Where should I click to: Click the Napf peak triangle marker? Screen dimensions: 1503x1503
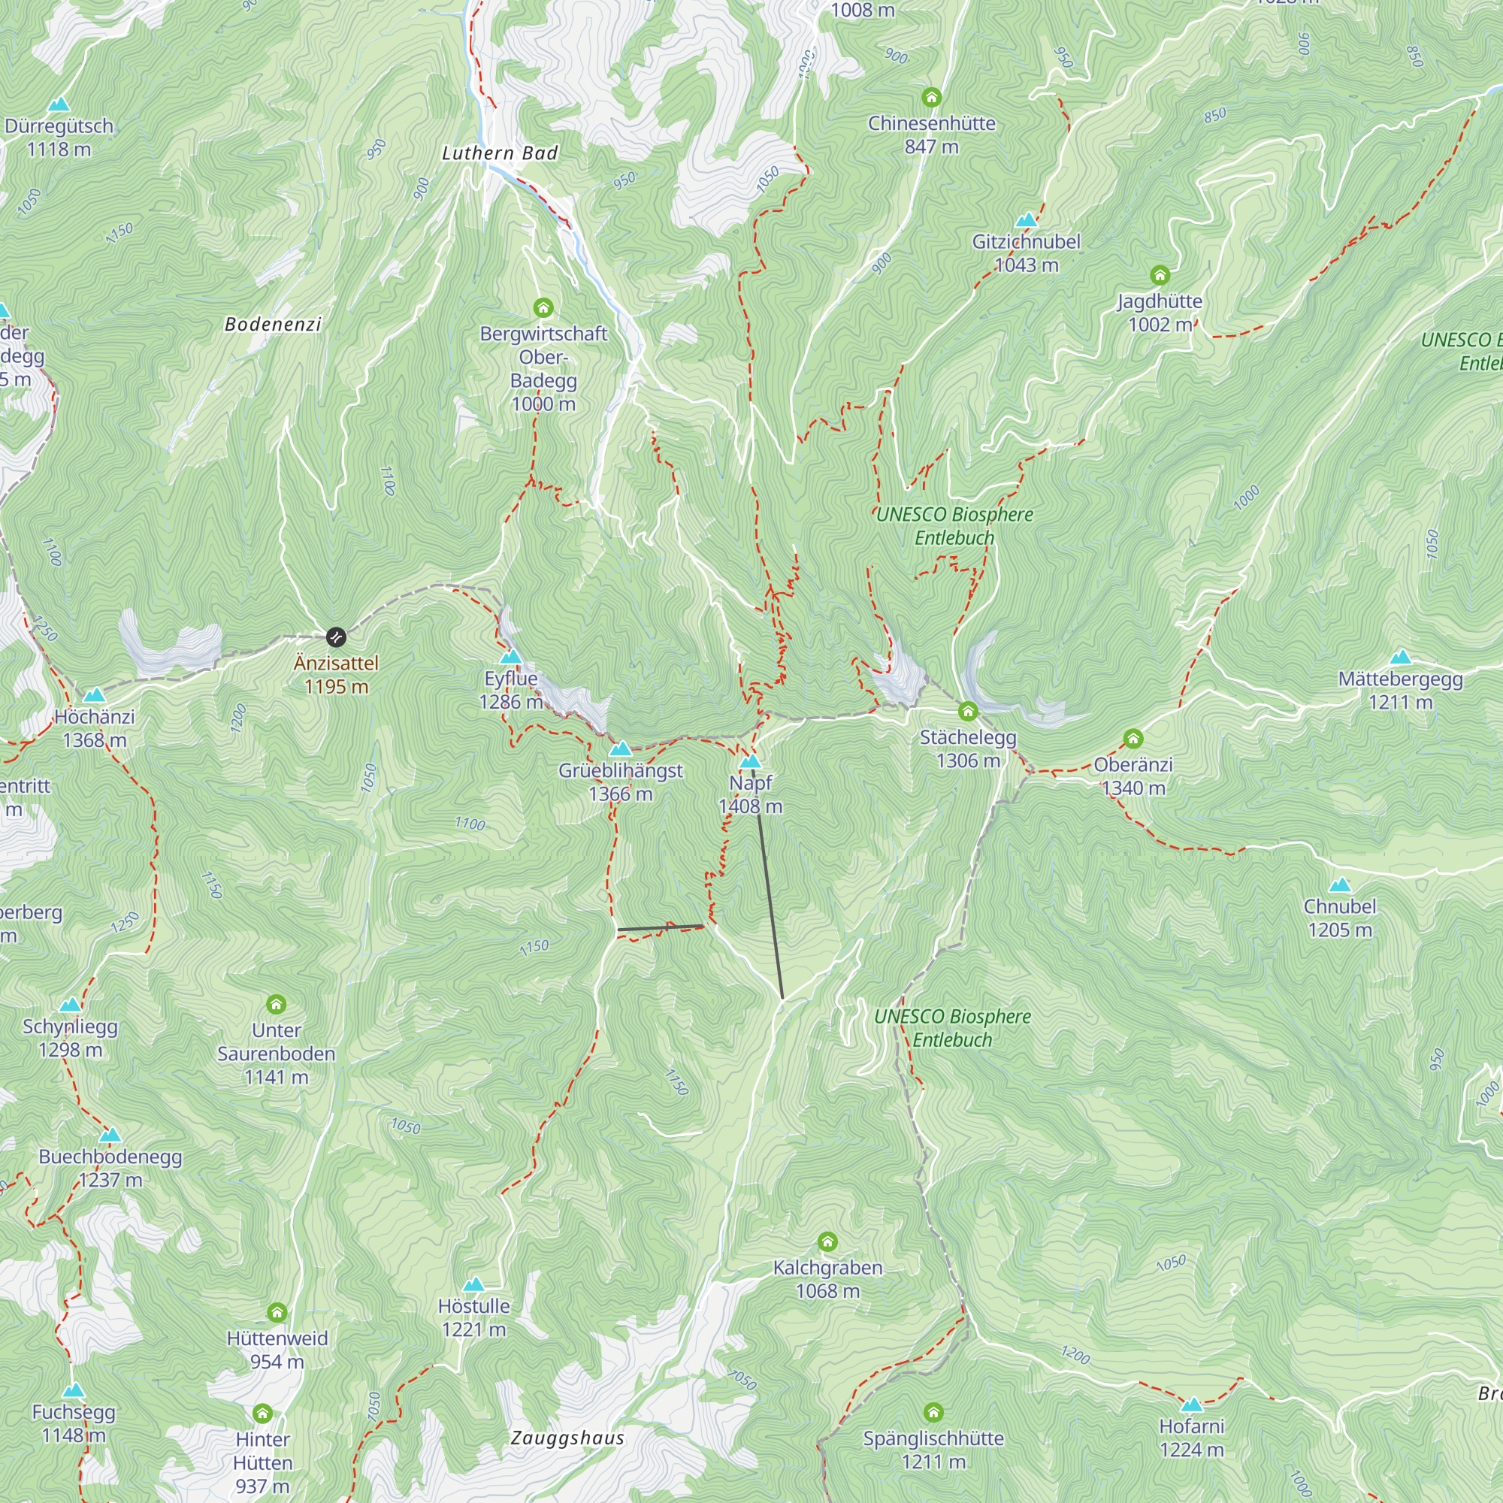pyautogui.click(x=750, y=761)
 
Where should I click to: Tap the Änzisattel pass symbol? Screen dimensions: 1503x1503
pyautogui.click(x=335, y=637)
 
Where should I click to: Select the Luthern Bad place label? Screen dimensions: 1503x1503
pyautogui.click(x=500, y=153)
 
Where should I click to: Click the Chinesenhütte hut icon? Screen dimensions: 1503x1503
pyautogui.click(x=931, y=97)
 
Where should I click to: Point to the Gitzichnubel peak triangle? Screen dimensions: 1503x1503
pyautogui.click(x=1026, y=219)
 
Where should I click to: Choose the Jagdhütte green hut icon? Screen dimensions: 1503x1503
pyautogui.click(x=1159, y=274)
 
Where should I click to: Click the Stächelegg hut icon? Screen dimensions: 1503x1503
pyautogui.click(x=968, y=711)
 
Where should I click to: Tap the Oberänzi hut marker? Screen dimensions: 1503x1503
pyautogui.click(x=1133, y=738)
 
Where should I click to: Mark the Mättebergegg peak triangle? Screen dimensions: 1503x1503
pyautogui.click(x=1400, y=657)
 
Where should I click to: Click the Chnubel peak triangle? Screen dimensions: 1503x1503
pyautogui.click(x=1340, y=885)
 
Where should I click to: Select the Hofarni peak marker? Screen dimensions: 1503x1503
pyautogui.click(x=1191, y=1405)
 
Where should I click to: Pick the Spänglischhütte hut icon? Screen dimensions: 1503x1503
pyautogui.click(x=933, y=1412)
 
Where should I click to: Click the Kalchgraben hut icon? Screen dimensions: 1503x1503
pyautogui.click(x=827, y=1241)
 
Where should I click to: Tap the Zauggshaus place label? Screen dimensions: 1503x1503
pyautogui.click(x=567, y=1438)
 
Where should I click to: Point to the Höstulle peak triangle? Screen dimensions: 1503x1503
pyautogui.click(x=473, y=1284)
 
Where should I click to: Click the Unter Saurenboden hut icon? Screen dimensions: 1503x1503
pyautogui.click(x=276, y=1003)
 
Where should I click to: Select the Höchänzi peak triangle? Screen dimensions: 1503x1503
pyautogui.click(x=94, y=694)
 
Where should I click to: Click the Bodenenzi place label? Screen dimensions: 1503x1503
pyautogui.click(x=273, y=325)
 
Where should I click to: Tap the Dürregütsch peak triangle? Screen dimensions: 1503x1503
pyautogui.click(x=59, y=104)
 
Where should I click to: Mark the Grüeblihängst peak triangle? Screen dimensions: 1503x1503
pyautogui.click(x=620, y=748)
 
